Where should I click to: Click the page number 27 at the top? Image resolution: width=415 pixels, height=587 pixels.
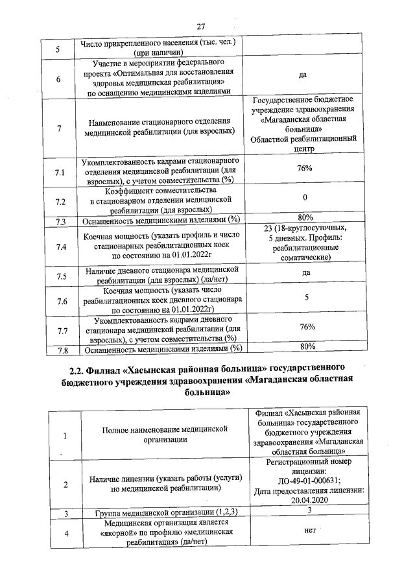click(x=201, y=27)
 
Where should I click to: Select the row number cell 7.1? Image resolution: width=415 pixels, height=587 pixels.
click(x=59, y=173)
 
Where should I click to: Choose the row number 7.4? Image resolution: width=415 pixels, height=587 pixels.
click(x=61, y=247)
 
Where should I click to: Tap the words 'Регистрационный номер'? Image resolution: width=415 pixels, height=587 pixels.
click(x=308, y=462)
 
